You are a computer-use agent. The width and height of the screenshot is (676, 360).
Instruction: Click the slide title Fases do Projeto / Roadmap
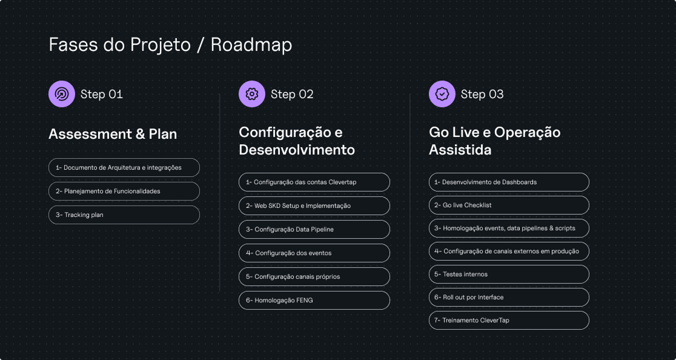(x=170, y=45)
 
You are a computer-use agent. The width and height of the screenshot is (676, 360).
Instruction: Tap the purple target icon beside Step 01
(x=62, y=94)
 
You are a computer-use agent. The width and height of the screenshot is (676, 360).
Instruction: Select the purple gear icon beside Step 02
(x=252, y=94)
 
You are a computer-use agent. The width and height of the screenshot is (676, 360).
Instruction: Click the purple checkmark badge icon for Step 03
(x=442, y=94)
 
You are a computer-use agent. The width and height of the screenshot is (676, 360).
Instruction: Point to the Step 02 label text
(x=292, y=94)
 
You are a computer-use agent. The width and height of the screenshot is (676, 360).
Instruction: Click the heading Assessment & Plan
(x=113, y=134)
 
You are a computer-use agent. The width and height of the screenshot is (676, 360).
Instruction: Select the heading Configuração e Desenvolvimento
(x=297, y=141)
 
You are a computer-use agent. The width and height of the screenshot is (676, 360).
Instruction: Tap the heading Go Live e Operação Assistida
(x=495, y=141)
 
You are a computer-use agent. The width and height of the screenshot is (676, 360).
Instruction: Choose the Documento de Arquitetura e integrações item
(x=124, y=168)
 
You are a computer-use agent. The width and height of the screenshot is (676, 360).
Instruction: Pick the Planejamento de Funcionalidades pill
(x=124, y=191)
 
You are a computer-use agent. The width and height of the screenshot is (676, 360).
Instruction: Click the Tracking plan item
(x=124, y=215)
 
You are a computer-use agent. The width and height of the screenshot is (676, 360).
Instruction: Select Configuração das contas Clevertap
(x=314, y=182)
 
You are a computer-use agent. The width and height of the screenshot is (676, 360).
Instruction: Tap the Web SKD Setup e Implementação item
(x=314, y=205)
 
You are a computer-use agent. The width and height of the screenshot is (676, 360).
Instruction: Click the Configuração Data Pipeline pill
(x=314, y=229)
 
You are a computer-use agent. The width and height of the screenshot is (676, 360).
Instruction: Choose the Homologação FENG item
(x=314, y=300)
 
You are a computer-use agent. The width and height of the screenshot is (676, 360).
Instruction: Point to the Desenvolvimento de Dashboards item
(x=509, y=182)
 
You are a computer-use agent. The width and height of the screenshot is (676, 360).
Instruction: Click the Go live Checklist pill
(x=509, y=205)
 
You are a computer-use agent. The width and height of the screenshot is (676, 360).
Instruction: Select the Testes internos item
(x=509, y=274)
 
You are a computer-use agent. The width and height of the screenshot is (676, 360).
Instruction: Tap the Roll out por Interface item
(x=509, y=297)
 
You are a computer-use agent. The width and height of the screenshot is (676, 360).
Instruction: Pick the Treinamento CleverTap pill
(x=509, y=320)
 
